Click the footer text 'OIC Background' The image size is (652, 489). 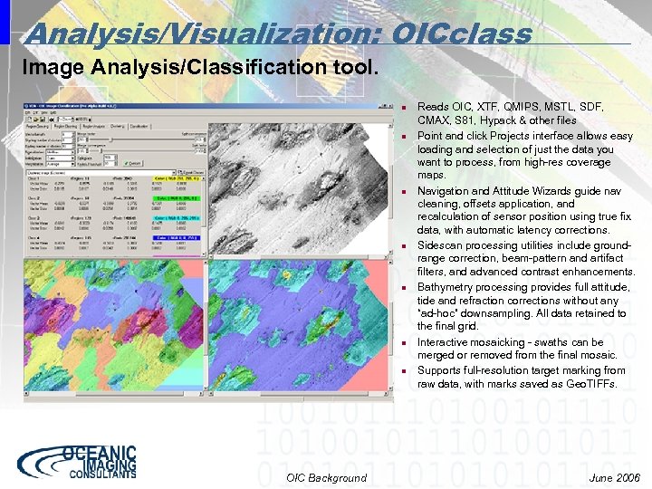click(326, 477)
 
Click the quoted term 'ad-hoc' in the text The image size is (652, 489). click(438, 314)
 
